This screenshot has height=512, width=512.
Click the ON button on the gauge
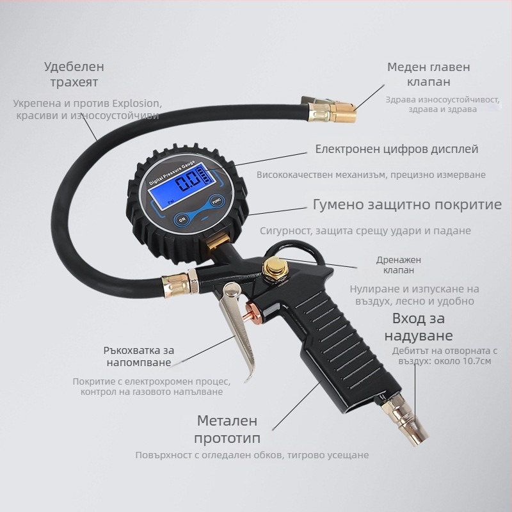tap(182, 220)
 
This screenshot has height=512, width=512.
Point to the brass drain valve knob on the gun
tap(274, 267)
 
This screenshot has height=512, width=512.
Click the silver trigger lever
tap(237, 330)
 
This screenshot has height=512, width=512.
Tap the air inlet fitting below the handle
tap(406, 420)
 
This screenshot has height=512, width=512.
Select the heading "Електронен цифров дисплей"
tap(397, 149)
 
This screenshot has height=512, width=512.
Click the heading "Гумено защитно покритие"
tap(407, 205)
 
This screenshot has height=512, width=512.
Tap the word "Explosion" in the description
tap(137, 104)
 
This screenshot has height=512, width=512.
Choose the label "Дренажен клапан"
tap(399, 265)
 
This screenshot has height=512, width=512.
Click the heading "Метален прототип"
tap(227, 429)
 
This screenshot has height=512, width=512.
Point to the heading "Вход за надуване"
tap(419, 327)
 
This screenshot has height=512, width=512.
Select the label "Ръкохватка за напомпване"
tap(139, 356)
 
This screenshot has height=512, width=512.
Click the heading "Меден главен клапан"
tap(429, 74)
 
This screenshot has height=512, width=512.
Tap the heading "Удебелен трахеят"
tap(74, 74)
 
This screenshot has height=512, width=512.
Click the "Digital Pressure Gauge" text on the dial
tap(172, 173)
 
